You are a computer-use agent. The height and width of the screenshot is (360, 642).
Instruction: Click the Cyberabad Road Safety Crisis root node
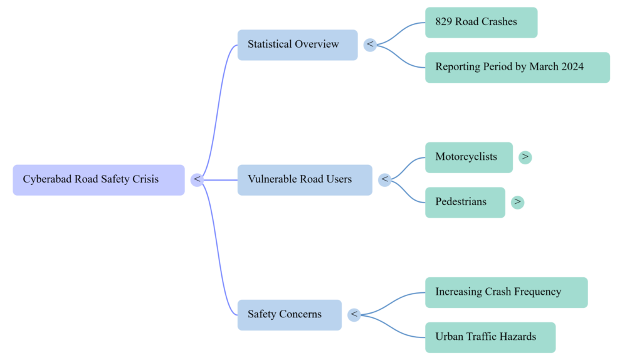pos(98,180)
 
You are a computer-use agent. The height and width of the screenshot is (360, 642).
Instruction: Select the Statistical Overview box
pos(297,45)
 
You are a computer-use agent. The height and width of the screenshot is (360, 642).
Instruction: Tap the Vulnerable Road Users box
pos(304,180)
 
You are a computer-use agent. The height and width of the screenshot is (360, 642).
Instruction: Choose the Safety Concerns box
pos(289,315)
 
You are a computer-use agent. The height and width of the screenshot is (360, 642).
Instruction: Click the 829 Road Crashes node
pos(481,22)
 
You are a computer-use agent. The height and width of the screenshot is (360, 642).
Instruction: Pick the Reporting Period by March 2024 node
pos(517,67)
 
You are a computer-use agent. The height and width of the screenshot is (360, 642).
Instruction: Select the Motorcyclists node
pos(468,157)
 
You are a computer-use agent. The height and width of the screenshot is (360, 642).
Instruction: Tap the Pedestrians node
pos(465,202)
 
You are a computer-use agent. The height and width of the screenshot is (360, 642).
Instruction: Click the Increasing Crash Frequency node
pos(506,292)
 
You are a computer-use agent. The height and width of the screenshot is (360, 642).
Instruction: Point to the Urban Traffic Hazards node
pos(490,337)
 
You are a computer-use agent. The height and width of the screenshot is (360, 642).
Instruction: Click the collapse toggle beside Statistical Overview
pos(370,45)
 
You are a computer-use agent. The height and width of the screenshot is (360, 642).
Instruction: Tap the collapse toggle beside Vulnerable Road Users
pos(385,180)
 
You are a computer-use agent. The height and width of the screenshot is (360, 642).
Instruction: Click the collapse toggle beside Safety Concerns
pos(354,315)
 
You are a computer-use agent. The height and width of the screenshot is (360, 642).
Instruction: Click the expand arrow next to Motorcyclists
pos(525,157)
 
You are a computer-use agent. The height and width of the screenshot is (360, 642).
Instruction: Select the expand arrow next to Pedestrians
pos(517,202)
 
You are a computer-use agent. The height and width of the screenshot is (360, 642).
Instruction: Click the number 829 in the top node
pos(445,22)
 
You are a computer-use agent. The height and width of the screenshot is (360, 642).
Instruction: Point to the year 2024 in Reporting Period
pos(571,67)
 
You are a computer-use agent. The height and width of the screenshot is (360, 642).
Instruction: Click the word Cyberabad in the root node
pos(48,179)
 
